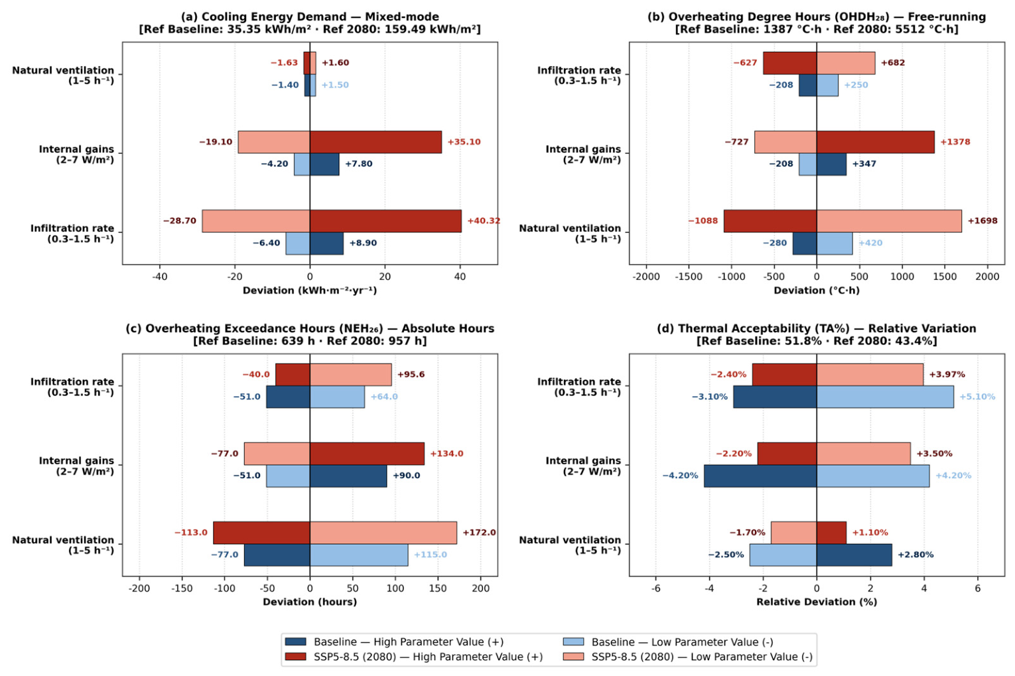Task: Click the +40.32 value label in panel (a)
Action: [484, 221]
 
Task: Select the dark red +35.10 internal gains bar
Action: [375, 142]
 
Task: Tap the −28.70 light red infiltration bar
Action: [256, 221]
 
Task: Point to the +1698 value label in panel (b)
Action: [983, 221]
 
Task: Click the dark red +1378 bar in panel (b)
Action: [876, 142]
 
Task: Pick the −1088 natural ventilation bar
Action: [770, 221]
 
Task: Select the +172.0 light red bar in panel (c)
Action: [383, 532]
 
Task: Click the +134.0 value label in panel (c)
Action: [446, 454]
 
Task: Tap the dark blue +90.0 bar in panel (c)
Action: [348, 476]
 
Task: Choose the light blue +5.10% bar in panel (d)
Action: [885, 397]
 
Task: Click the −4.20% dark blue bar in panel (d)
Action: [760, 476]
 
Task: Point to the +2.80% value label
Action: [915, 555]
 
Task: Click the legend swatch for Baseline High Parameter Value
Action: [295, 642]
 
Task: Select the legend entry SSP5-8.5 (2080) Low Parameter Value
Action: [687, 657]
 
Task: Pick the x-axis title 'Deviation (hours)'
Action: [310, 602]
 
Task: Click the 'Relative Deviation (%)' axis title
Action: [817, 602]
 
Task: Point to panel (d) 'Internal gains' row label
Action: [582, 466]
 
